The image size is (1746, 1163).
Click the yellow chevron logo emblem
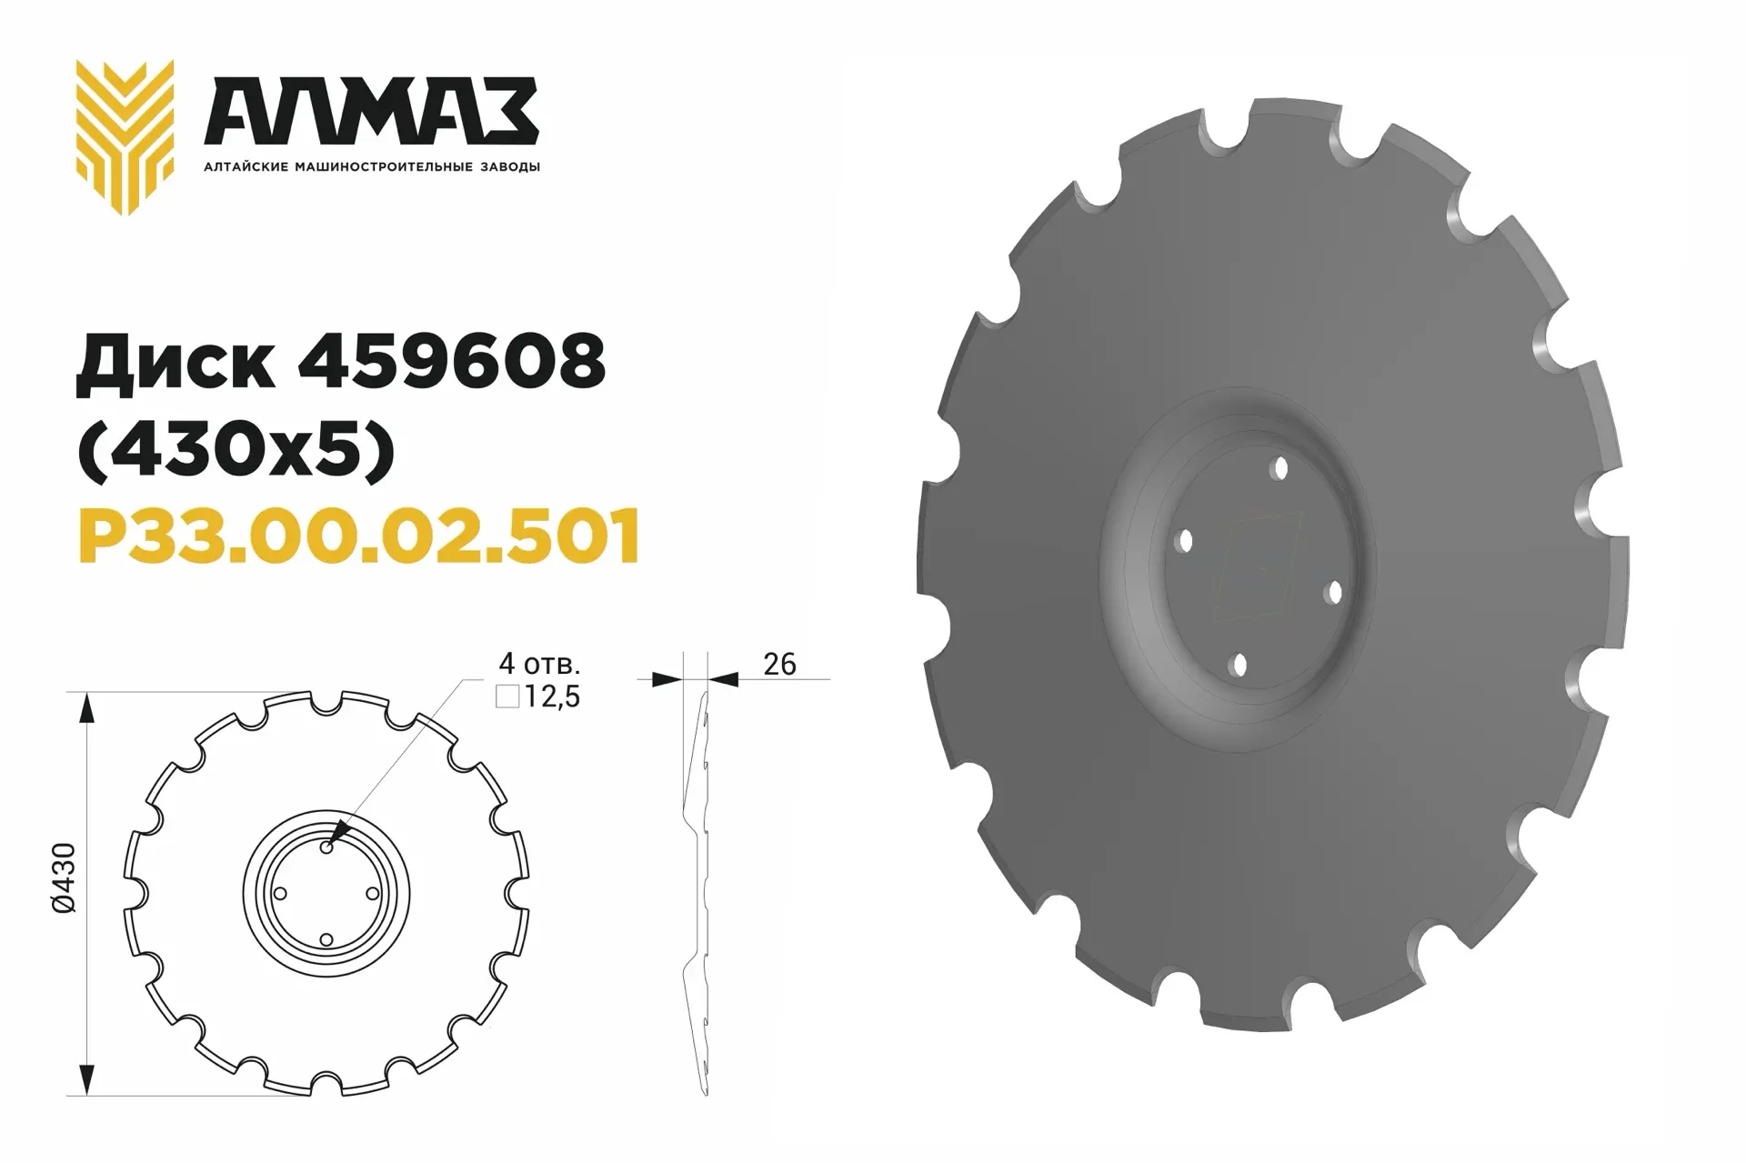point(125,137)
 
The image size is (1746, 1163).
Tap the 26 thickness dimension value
point(779,664)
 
